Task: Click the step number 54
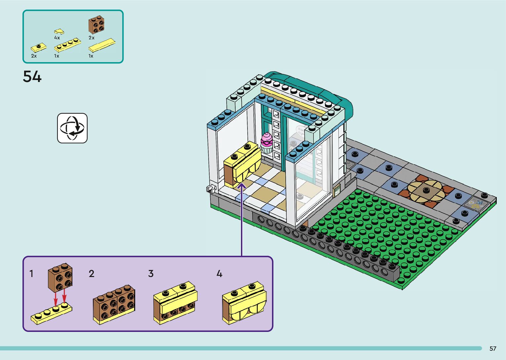32,77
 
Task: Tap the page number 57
493,348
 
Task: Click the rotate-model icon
72,128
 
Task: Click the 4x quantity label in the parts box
57,38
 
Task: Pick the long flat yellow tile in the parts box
102,45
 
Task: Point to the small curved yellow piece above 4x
59,32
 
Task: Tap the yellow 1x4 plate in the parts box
67,45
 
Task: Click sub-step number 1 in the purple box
31,274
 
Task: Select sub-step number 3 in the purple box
151,274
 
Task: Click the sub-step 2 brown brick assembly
114,304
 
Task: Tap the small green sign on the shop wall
337,190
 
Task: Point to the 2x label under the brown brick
92,38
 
